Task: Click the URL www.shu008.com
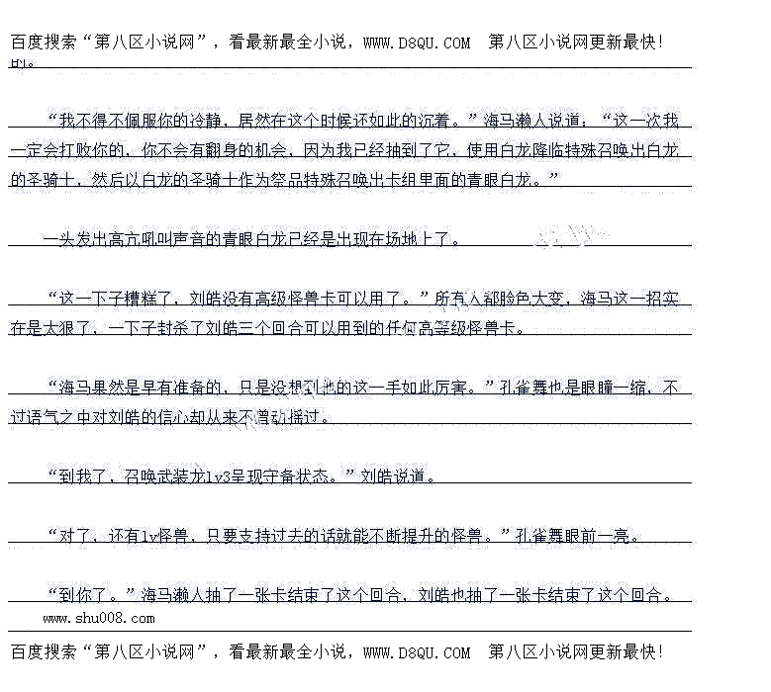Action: pyautogui.click(x=99, y=618)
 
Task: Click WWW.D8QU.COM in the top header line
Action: pyautogui.click(x=417, y=43)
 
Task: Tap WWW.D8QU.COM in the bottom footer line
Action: pyautogui.click(x=417, y=652)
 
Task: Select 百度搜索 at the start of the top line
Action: pyautogui.click(x=47, y=43)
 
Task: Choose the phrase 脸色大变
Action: pyautogui.click(x=524, y=298)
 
